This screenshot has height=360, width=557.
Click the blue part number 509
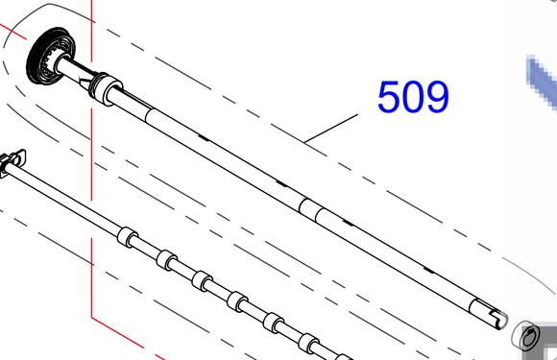click(413, 97)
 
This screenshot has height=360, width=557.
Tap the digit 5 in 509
click(389, 97)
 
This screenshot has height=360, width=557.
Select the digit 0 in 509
click(413, 97)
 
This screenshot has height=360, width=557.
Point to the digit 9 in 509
click(438, 97)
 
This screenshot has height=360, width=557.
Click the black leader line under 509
click(331, 129)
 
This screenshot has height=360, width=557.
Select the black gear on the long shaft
click(50, 55)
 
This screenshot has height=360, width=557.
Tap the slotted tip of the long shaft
click(490, 314)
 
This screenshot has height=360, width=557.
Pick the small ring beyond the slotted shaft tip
click(526, 335)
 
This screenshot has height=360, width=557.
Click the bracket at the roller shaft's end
click(12, 162)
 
